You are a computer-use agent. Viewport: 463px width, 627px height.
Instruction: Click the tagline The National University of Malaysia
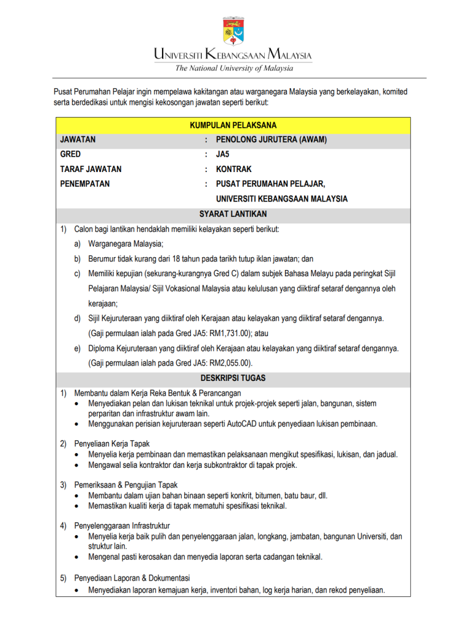(234, 68)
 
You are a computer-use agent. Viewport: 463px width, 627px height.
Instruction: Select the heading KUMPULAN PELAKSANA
(233, 126)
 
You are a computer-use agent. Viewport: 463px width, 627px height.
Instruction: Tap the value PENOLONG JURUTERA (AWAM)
(271, 140)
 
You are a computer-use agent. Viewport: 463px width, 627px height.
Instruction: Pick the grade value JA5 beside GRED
(223, 154)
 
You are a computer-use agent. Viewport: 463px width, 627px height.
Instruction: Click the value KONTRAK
(234, 169)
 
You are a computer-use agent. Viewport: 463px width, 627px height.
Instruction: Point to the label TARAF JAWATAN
(91, 169)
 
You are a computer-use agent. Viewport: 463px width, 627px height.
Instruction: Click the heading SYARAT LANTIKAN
(233, 214)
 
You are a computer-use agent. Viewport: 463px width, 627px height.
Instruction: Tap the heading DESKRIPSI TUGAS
(233, 378)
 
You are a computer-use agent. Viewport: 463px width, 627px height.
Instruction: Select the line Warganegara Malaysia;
(125, 244)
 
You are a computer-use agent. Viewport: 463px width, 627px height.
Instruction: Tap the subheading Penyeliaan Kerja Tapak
(112, 443)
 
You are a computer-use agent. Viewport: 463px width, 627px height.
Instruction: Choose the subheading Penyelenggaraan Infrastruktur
(122, 526)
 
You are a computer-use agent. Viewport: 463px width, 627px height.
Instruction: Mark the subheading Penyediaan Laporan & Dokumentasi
(131, 578)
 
